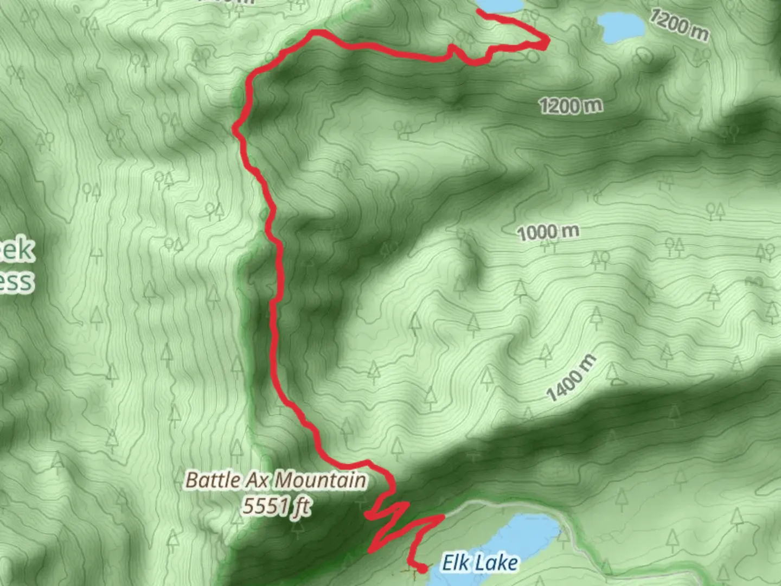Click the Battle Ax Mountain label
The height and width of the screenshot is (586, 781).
(x=276, y=480)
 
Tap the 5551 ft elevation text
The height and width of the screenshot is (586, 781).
(x=276, y=506)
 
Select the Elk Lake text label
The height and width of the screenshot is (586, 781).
(x=479, y=563)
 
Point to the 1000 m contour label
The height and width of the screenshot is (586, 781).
(x=548, y=232)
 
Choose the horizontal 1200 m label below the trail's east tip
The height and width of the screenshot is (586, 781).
(x=571, y=105)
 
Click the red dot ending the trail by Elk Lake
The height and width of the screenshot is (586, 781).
(x=421, y=569)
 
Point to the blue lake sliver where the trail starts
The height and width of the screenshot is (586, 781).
(x=499, y=5)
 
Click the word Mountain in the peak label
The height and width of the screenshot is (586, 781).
(x=320, y=480)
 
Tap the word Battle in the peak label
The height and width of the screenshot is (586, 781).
(x=213, y=480)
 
